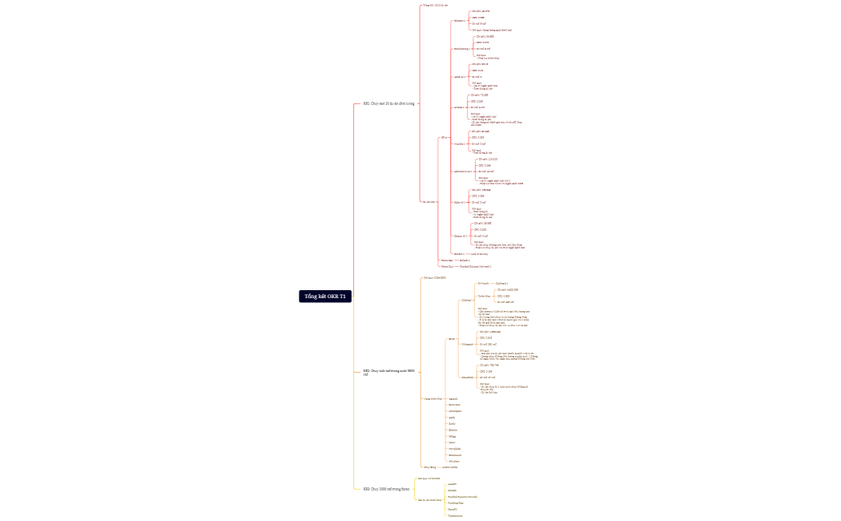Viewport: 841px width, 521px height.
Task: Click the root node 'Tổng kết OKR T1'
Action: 325,297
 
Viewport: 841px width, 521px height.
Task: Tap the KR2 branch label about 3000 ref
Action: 388,373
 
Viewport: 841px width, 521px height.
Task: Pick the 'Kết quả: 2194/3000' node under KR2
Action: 434,277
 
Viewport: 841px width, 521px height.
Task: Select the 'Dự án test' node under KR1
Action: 429,202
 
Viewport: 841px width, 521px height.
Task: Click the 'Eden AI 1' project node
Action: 460,203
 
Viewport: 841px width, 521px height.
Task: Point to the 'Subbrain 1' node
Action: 502,284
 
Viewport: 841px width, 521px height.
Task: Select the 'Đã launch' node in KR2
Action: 483,284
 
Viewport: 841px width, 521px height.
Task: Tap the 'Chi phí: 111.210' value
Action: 488,160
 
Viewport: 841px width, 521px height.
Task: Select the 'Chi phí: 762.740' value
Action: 489,365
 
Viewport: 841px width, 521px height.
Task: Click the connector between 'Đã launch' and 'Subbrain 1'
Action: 492,284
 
